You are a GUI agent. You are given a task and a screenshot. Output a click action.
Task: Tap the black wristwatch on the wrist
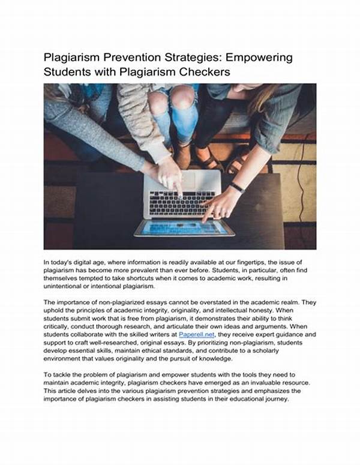point(237,187)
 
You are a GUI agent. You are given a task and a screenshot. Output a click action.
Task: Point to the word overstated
point(212,302)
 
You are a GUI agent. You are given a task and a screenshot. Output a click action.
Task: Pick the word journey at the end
point(274,397)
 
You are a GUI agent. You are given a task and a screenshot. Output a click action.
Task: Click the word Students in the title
point(67,72)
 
